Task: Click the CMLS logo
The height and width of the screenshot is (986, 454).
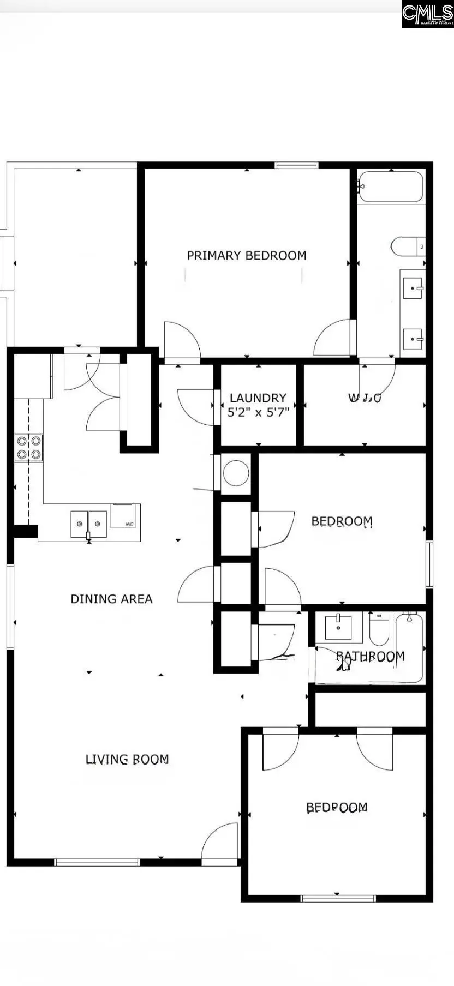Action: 427,14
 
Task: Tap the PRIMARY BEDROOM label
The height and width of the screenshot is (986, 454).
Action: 247,256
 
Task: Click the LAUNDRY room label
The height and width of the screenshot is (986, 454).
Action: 258,398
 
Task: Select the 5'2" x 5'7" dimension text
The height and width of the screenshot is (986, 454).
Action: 258,413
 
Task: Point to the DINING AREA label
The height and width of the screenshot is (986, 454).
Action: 111,599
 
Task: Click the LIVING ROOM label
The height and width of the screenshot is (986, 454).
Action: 127,759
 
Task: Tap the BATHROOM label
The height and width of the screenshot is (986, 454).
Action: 370,656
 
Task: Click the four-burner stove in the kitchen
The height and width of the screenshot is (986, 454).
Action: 29,447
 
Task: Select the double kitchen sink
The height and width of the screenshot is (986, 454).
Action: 88,524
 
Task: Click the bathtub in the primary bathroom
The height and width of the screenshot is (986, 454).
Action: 391,187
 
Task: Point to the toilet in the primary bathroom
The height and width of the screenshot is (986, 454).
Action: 407,246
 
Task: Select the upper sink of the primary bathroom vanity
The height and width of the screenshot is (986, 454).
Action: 413,287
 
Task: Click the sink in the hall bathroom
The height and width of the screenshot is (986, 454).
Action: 338,627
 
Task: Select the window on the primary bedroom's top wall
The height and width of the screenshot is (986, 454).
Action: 296,165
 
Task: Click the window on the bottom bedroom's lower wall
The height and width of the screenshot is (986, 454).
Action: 338,898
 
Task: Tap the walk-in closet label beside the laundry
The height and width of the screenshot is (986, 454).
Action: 365,398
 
